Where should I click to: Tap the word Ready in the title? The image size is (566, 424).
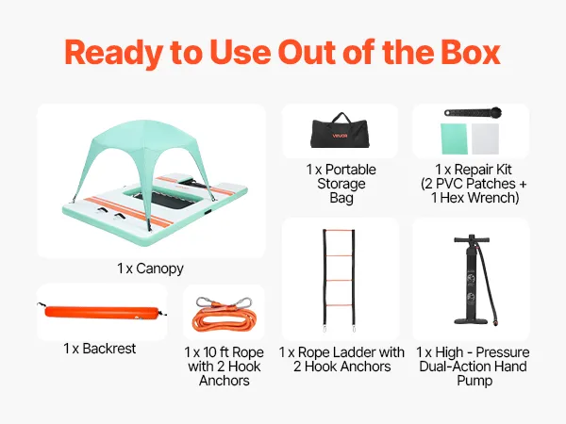pyautogui.click(x=113, y=54)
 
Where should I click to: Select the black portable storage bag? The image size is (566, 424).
pyautogui.click(x=340, y=131)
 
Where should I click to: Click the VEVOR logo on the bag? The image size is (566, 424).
pyautogui.click(x=340, y=136)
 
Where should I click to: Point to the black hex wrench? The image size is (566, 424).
pyautogui.click(x=473, y=112)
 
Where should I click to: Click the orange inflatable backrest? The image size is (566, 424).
pyautogui.click(x=102, y=312)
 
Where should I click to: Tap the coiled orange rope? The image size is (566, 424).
pyautogui.click(x=225, y=318)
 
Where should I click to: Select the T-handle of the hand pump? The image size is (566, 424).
pyautogui.click(x=472, y=239)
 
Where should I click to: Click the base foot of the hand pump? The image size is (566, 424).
pyautogui.click(x=472, y=320)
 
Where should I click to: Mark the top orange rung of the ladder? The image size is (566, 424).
pyautogui.click(x=339, y=230)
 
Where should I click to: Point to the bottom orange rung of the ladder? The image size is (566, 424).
pyautogui.click(x=339, y=305)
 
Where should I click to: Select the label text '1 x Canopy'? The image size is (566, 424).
pyautogui.click(x=150, y=269)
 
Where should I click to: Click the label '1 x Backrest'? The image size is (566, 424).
pyautogui.click(x=100, y=349)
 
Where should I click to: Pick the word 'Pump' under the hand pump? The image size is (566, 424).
pyautogui.click(x=474, y=381)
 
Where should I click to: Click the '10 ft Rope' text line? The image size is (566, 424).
pyautogui.click(x=233, y=352)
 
